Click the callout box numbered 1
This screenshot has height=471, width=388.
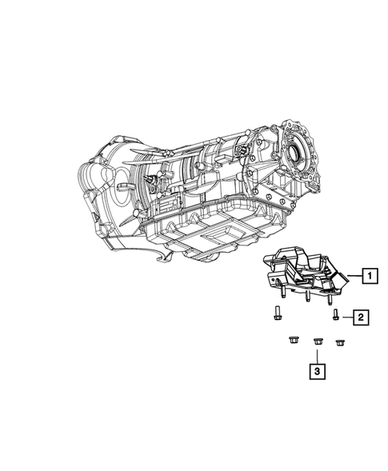click(x=369, y=277)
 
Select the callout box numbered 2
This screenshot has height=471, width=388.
click(x=362, y=318)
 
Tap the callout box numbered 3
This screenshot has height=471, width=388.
click(x=318, y=371)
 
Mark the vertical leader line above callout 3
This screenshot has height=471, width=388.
click(x=318, y=353)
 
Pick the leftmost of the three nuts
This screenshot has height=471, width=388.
click(x=292, y=341)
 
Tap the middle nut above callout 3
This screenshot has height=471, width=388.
click(x=318, y=341)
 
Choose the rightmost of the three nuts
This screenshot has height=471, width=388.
click(x=340, y=343)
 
